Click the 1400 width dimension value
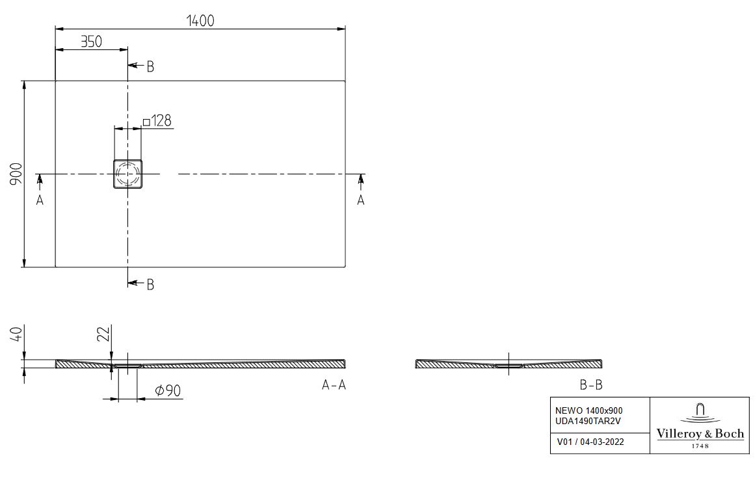pos(200,21)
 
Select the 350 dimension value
pos(91,42)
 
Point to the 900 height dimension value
pos(16,174)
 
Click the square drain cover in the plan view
pos(127,173)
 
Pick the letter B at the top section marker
pos(150,67)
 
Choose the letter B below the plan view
pos(150,284)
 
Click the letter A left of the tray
pos(40,200)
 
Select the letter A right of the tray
pos(361,200)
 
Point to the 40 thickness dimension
pos(16,333)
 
